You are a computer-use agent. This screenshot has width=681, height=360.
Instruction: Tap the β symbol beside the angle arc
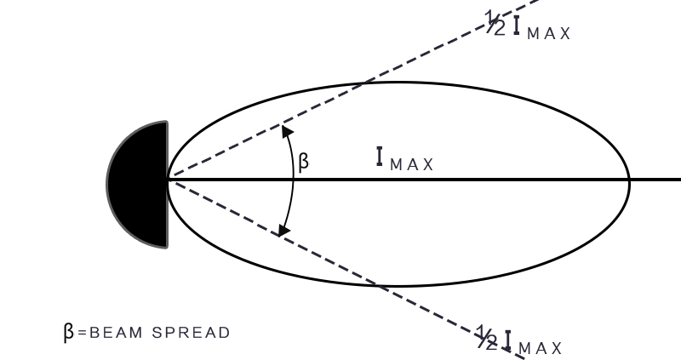pyautogui.click(x=304, y=162)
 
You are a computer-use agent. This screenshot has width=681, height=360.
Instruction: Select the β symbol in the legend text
pyautogui.click(x=69, y=331)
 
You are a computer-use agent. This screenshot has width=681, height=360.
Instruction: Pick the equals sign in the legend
pyautogui.click(x=81, y=332)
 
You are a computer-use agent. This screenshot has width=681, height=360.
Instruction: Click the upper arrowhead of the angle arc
pyautogui.click(x=285, y=130)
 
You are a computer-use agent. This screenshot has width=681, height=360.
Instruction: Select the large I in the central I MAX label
pyautogui.click(x=381, y=157)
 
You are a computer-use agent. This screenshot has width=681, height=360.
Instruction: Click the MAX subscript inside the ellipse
pyautogui.click(x=412, y=164)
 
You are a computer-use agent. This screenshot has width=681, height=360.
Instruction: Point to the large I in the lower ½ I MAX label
pyautogui.click(x=508, y=340)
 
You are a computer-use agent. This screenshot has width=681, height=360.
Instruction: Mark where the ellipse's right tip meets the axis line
pyautogui.click(x=629, y=180)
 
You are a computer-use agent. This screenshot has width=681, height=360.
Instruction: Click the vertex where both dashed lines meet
pyautogui.click(x=169, y=180)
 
